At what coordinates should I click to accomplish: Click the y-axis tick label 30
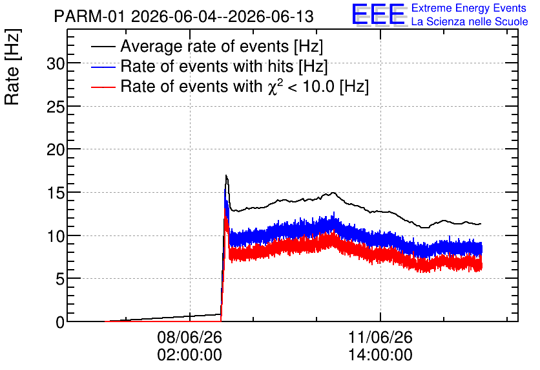coord(56,63)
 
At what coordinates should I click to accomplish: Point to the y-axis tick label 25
coord(56,107)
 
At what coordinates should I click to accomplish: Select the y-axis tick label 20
coord(56,149)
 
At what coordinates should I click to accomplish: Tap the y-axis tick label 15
coord(56,193)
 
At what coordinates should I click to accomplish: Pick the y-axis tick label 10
coord(56,236)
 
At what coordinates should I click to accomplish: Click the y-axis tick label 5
coord(60,279)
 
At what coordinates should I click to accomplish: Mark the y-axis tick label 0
coord(60,322)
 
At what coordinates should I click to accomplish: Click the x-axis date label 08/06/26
coord(189,337)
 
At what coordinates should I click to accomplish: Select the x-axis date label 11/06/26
coord(380,337)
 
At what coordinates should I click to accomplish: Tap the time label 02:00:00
coord(189,355)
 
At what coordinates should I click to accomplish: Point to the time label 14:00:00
coord(380,355)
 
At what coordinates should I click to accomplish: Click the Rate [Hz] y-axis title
coord(12,67)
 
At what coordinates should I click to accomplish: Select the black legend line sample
coord(103,47)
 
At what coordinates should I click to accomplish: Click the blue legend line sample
coord(103,67)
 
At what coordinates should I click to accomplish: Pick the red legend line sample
coord(103,87)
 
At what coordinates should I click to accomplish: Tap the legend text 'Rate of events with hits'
coord(207,66)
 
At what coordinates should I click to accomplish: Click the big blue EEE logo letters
coord(379,15)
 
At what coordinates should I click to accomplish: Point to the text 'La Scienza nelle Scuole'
coord(470,22)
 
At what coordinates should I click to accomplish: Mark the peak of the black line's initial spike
coord(226,175)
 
